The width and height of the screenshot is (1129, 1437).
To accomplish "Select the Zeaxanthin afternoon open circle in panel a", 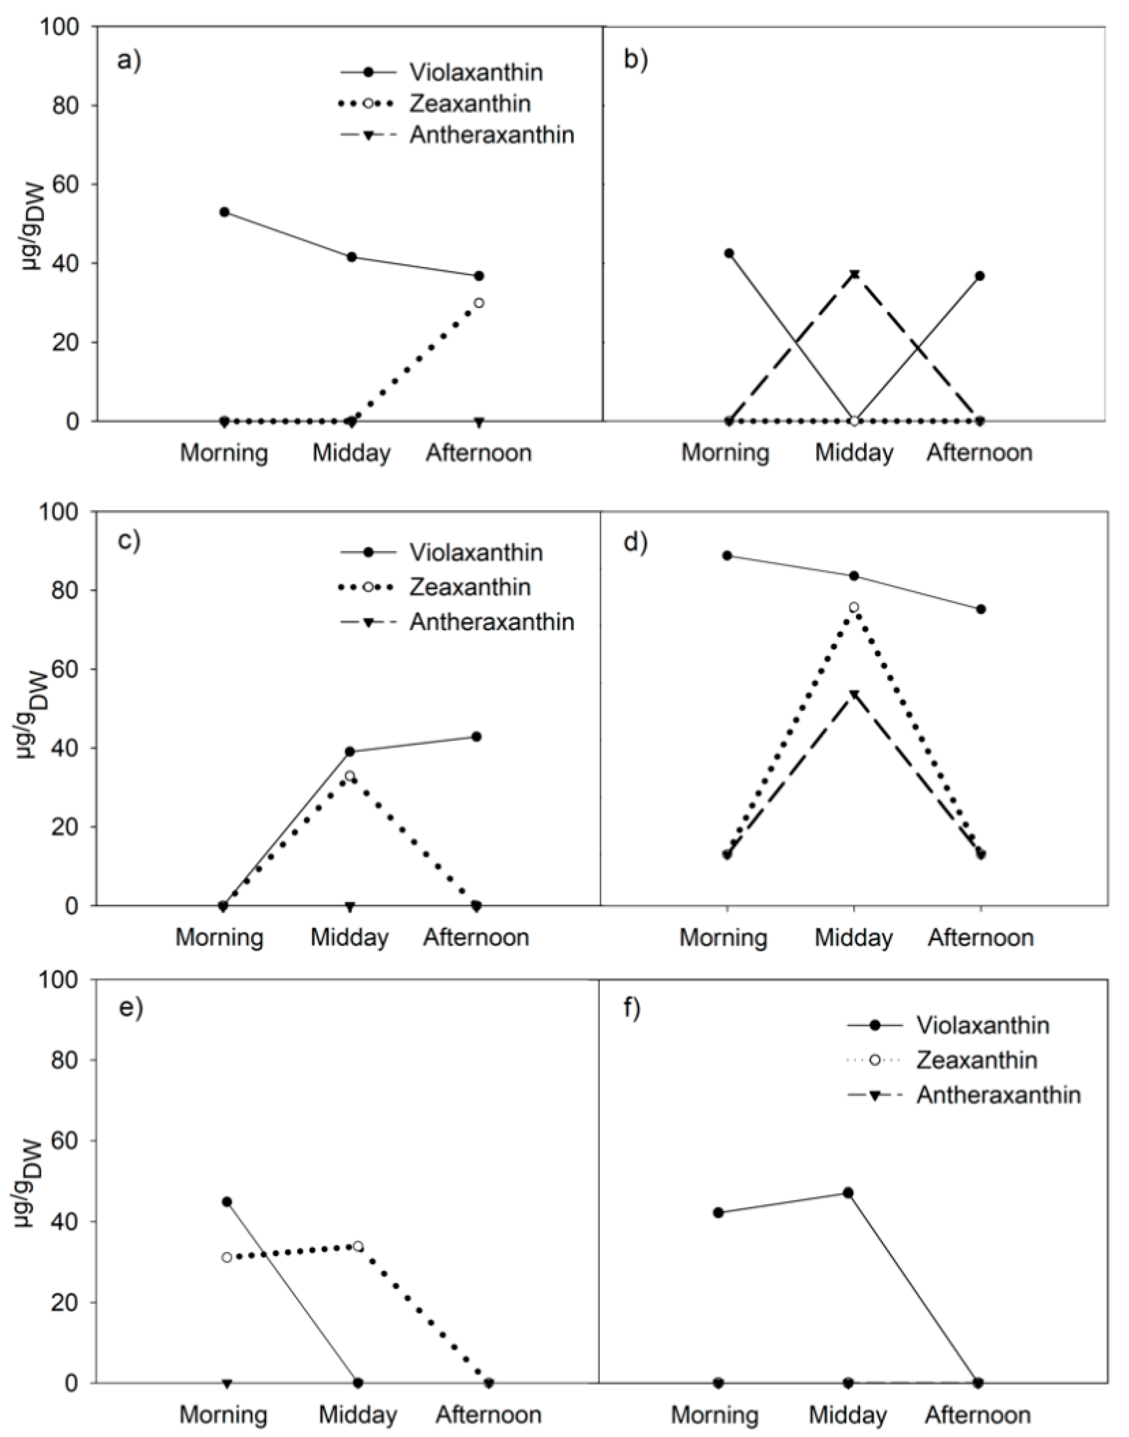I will pos(479,303).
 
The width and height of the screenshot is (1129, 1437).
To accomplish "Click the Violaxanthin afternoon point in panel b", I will pos(979,276).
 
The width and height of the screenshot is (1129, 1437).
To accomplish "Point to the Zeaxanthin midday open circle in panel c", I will pos(350,775).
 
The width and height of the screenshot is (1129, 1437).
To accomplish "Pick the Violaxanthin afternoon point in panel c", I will pos(477,736).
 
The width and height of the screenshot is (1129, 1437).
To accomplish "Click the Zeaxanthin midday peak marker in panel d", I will pos(854,606).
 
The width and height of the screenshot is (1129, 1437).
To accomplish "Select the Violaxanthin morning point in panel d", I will pos(727,556).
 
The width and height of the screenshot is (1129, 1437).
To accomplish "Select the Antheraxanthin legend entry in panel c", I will pos(491,622).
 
